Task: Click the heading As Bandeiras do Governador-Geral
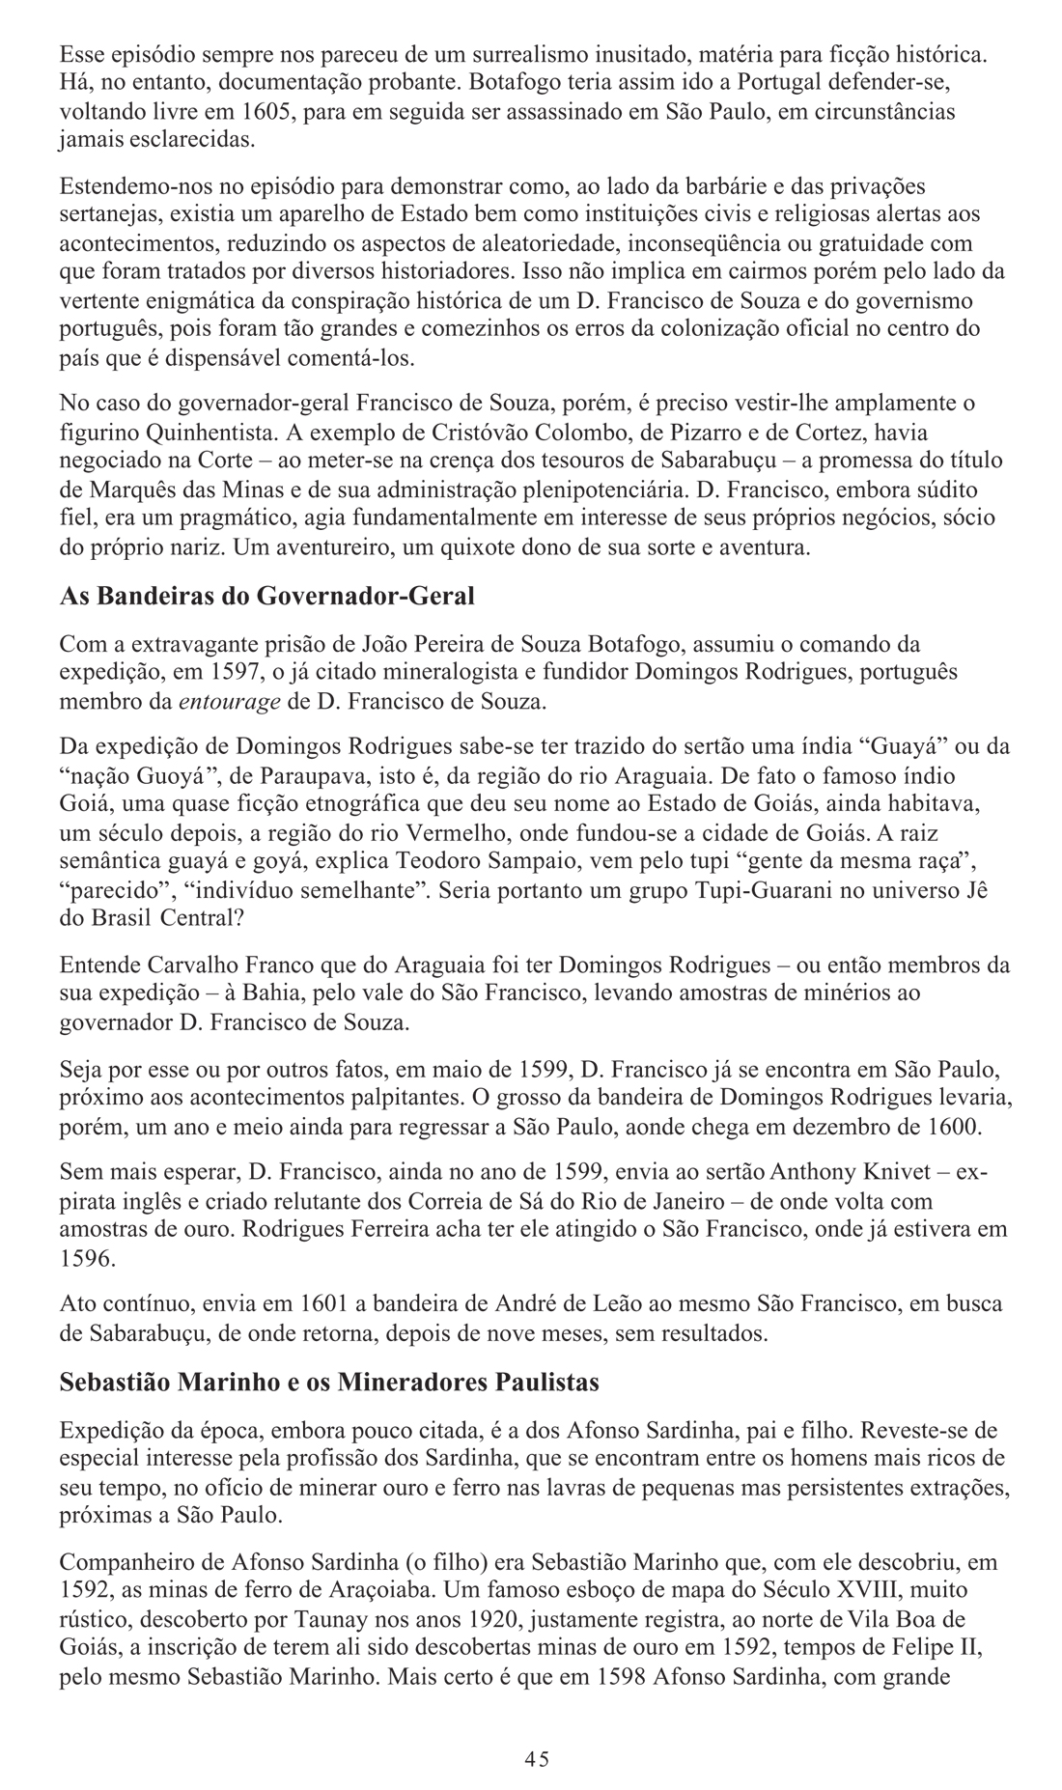[x=266, y=596]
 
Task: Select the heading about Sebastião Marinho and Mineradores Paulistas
[x=329, y=1383]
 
